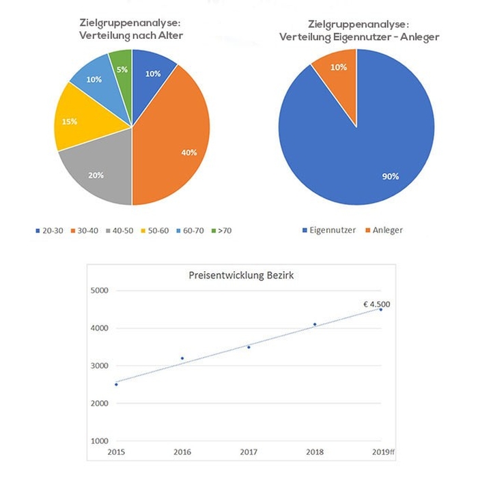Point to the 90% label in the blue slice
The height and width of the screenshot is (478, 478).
[391, 176]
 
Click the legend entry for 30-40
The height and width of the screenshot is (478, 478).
[88, 231]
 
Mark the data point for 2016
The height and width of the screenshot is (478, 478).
[182, 358]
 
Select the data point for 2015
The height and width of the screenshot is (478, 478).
[116, 384]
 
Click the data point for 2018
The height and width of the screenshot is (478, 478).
[315, 324]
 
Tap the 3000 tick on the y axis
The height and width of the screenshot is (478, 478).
[99, 366]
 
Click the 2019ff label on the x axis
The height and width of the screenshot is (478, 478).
[380, 452]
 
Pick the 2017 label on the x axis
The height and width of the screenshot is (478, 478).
[249, 452]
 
